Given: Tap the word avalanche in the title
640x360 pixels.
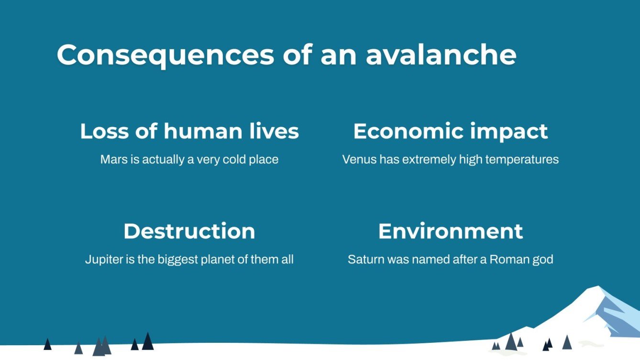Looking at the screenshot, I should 441,55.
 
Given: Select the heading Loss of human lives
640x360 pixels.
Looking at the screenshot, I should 189,131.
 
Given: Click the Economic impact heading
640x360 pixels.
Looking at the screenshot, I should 450,131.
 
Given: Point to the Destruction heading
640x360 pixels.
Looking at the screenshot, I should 189,231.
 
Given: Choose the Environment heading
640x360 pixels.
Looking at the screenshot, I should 450,231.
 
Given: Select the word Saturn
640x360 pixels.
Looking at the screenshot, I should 364,260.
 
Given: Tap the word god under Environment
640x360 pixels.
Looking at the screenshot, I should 543,260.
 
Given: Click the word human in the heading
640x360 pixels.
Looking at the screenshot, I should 202,131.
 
